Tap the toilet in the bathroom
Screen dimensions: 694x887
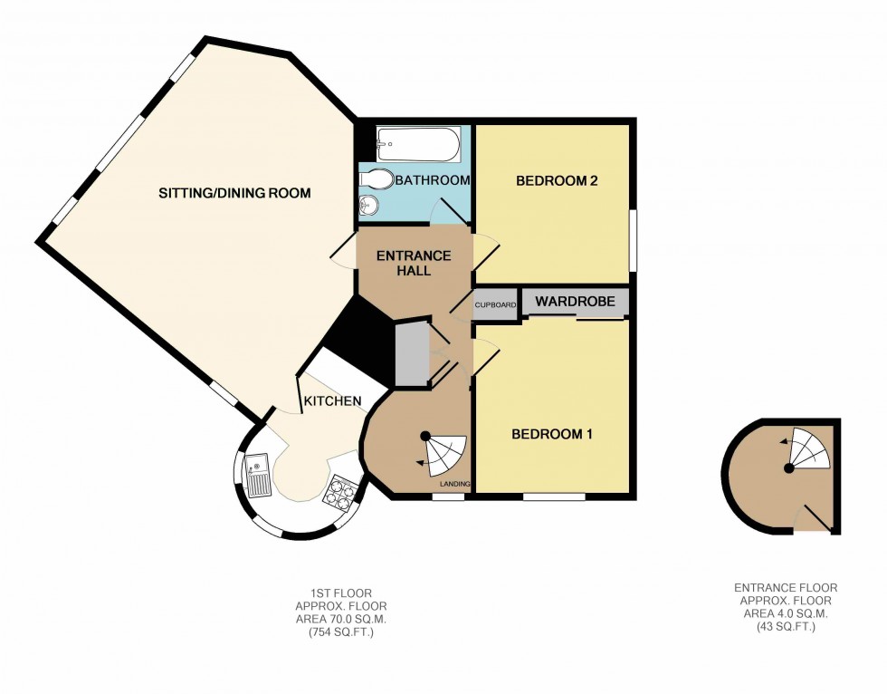[379, 179]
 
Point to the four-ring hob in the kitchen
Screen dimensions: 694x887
[341, 493]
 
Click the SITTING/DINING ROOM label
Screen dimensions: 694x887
[234, 193]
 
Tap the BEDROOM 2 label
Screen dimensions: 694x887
[557, 181]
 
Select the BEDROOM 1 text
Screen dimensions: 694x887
[552, 434]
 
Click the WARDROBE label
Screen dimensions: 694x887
[575, 301]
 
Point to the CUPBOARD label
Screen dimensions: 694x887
[495, 306]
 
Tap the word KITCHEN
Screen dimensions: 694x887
[332, 401]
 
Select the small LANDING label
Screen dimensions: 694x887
[454, 485]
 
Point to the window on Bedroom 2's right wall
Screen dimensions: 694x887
[632, 240]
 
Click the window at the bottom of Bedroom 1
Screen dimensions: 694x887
[554, 496]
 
